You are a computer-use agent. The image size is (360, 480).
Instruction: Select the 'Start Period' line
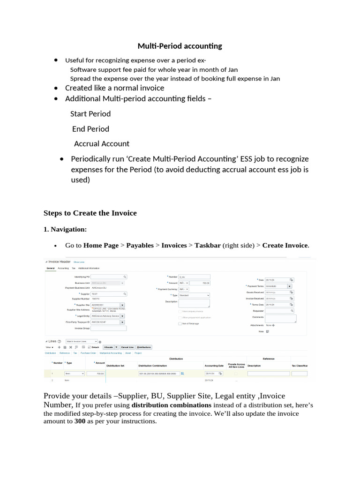tap(90, 114)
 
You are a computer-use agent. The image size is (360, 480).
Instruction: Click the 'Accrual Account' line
tap(102, 143)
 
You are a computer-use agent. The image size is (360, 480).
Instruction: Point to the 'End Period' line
tap(90, 129)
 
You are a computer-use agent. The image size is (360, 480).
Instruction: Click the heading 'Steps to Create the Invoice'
tap(90, 213)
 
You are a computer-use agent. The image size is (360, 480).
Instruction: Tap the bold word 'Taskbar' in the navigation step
tap(208, 245)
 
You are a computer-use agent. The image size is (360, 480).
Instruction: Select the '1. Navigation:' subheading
tap(65, 229)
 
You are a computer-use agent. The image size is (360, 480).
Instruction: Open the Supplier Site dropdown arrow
tap(122, 305)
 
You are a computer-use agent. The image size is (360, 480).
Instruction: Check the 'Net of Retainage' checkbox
tap(180, 323)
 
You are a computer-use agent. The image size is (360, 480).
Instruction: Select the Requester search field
tap(279, 310)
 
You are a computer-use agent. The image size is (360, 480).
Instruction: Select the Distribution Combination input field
tap(158, 374)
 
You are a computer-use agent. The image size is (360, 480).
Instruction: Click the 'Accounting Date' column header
tap(214, 365)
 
